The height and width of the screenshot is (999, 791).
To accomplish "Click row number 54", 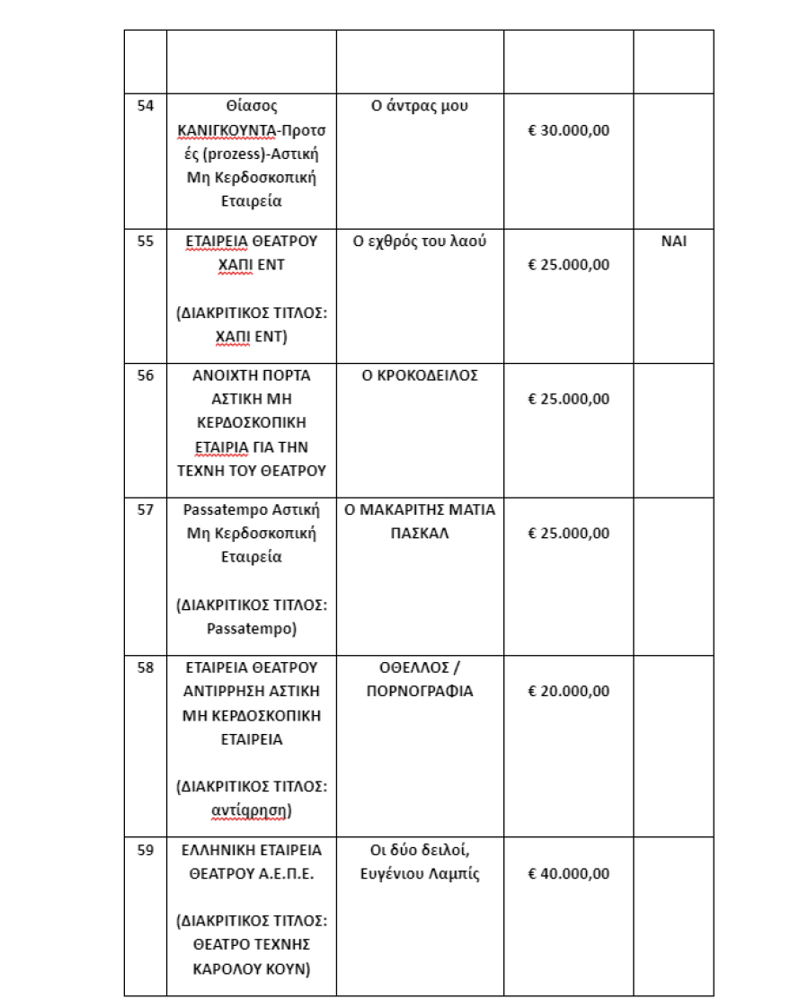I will (x=145, y=106).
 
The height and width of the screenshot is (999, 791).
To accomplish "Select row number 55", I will (x=145, y=241).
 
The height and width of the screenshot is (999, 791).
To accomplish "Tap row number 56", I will (x=145, y=376).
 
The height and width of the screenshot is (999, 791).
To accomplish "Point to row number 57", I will (x=145, y=510).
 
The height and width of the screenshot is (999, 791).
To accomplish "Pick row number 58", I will (x=145, y=667).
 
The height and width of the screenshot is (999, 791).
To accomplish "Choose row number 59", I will (x=145, y=849).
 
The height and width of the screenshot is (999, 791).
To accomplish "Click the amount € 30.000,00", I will (x=568, y=129).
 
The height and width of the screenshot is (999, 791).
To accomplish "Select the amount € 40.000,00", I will (x=568, y=873).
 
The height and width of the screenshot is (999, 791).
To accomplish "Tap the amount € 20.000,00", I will (x=568, y=691).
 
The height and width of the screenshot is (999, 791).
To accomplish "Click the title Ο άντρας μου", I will (x=420, y=106).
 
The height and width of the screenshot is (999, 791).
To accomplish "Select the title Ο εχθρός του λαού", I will (x=420, y=241).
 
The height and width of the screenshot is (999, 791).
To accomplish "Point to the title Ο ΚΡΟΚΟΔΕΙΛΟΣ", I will (x=420, y=376).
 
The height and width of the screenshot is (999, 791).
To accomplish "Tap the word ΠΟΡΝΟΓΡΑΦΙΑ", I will (x=420, y=691).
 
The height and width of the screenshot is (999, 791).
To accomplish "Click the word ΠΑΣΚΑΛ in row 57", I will (x=420, y=533).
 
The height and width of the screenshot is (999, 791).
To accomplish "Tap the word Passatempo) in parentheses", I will (x=252, y=629).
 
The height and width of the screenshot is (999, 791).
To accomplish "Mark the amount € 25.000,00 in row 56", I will (x=568, y=399).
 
